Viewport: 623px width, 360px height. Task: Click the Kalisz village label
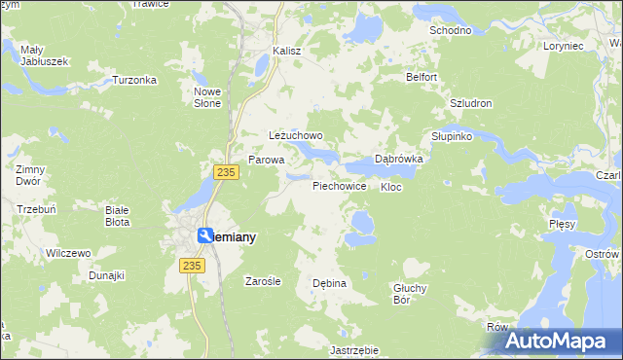coord(287,50)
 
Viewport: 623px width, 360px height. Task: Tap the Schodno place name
coord(451,30)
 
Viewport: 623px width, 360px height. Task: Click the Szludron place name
coord(471,103)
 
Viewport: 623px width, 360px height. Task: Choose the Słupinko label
coord(452,137)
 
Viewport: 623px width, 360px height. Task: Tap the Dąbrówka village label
coord(398,160)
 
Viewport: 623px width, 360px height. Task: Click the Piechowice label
coord(339,185)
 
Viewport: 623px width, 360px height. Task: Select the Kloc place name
coord(391,186)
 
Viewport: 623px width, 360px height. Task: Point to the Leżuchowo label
coord(295,136)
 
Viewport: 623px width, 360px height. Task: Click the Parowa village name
coord(266,160)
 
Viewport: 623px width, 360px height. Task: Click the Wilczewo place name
coord(68,253)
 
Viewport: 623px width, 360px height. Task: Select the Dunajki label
coord(107,275)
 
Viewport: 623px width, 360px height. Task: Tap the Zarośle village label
coord(263,281)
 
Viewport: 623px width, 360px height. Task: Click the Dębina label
coord(329,283)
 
